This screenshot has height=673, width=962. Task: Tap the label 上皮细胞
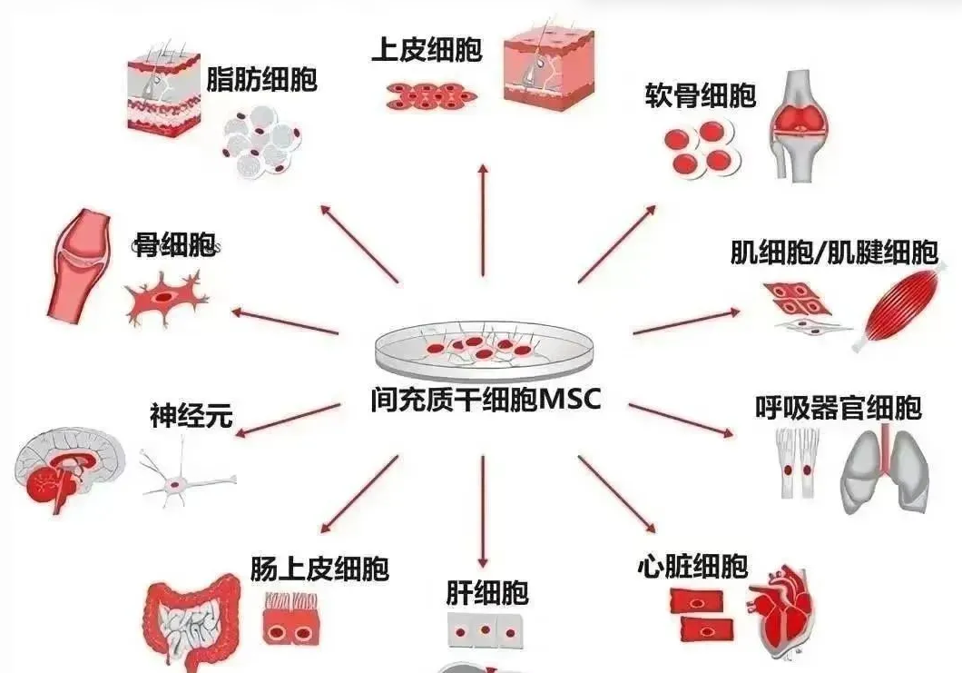[427, 50]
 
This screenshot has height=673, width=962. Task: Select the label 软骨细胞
[700, 95]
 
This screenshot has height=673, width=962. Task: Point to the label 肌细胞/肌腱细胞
[834, 252]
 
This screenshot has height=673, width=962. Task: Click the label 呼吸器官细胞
[838, 408]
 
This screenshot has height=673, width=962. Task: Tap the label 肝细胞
[486, 594]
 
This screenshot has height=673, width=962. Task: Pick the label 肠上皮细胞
[319, 569]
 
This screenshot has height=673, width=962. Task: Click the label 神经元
[191, 417]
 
